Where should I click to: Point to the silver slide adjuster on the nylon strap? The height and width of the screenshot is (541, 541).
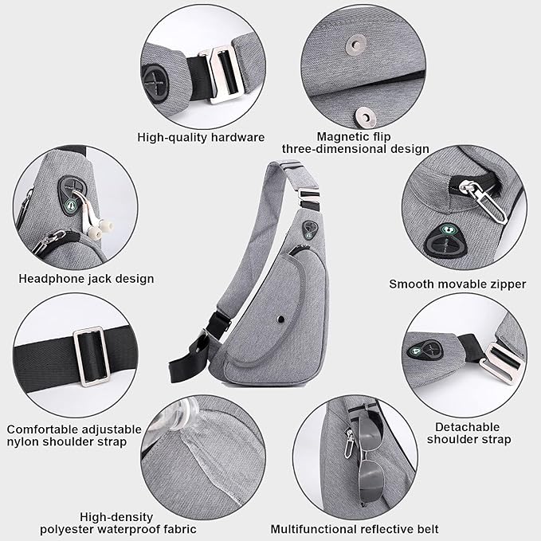[x=92, y=357]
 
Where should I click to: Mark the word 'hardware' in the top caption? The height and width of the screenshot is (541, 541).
[x=237, y=137]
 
